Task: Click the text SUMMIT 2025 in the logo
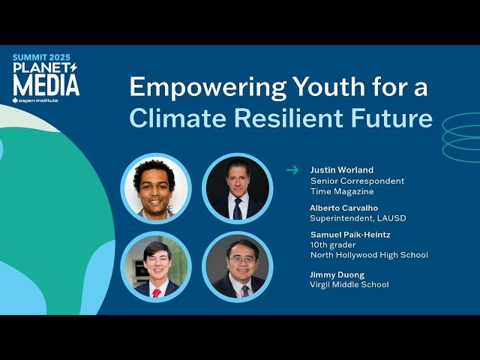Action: (45, 58)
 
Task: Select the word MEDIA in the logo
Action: (46, 85)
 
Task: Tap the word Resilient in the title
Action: (290, 118)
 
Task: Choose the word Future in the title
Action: (395, 118)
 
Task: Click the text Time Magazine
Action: (343, 192)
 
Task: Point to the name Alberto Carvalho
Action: (344, 207)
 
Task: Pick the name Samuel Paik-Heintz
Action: (349, 235)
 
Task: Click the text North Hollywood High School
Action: (369, 255)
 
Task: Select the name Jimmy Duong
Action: (337, 274)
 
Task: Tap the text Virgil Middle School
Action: (349, 285)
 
